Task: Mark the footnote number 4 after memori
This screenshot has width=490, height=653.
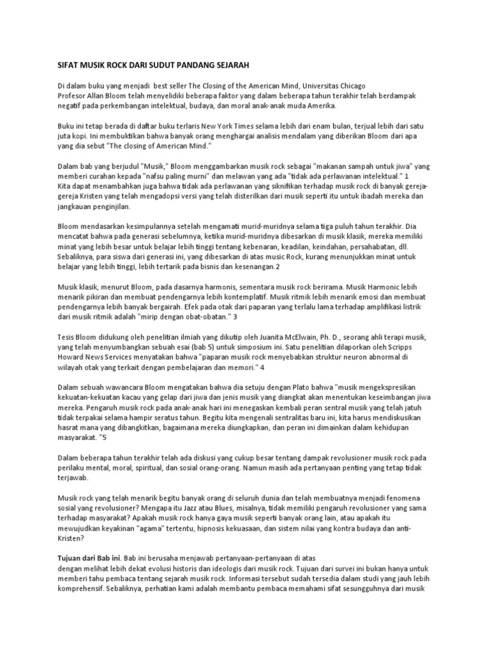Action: pyautogui.click(x=262, y=367)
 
